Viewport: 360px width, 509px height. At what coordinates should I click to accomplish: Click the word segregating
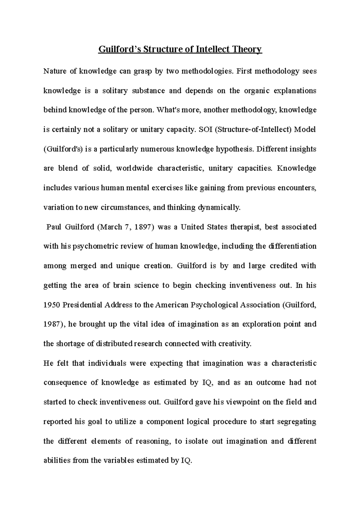coord(297,422)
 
